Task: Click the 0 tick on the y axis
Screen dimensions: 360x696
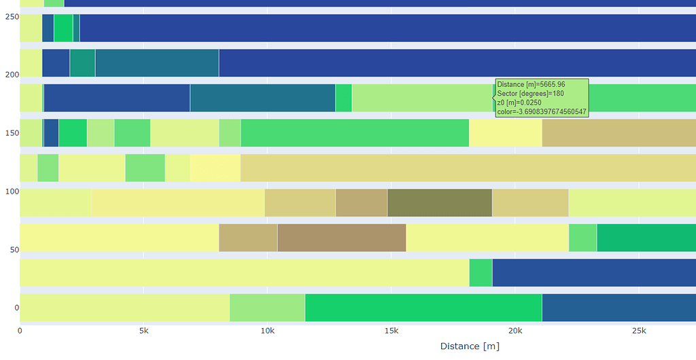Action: point(12,308)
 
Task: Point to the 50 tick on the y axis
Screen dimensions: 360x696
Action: point(10,250)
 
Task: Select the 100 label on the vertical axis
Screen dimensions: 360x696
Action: point(8,192)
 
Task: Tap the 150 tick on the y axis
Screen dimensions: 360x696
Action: point(8,133)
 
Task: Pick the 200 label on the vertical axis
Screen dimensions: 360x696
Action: point(8,75)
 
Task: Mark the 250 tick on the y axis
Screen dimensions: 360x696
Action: point(8,16)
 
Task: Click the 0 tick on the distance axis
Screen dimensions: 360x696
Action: point(20,331)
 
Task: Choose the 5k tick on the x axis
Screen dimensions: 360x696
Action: point(143,331)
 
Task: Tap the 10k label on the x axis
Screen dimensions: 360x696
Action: point(267,331)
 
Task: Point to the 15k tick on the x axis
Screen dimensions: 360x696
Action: point(391,331)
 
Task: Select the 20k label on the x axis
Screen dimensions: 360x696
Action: point(515,331)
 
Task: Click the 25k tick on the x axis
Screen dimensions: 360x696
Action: point(639,331)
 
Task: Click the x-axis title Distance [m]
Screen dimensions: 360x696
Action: point(470,346)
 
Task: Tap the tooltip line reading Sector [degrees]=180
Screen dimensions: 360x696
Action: point(530,93)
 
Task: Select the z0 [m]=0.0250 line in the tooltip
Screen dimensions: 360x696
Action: point(520,102)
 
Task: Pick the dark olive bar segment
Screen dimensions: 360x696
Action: point(439,202)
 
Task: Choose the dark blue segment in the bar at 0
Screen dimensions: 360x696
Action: point(619,308)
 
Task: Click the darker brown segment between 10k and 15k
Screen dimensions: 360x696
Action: point(341,238)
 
